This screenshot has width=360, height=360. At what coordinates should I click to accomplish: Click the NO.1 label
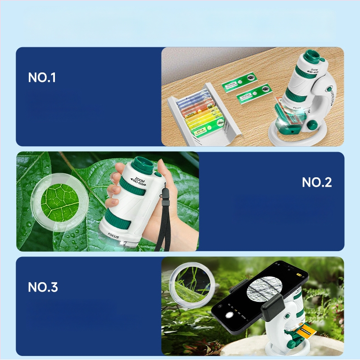point(42,77)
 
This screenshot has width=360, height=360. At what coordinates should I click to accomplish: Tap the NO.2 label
point(317,182)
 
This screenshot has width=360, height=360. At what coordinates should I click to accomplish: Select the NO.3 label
point(43,287)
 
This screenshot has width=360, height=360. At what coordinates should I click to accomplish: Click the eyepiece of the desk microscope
point(313,58)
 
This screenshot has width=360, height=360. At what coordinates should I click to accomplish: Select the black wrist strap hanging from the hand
point(163,225)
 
